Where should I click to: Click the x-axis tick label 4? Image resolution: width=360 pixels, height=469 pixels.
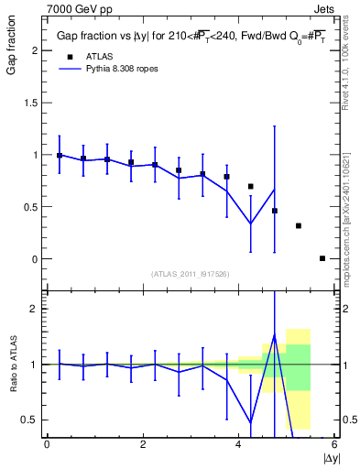[238, 444]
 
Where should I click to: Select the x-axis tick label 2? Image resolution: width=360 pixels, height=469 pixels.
[143, 444]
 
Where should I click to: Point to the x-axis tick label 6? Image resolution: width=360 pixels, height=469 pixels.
[334, 444]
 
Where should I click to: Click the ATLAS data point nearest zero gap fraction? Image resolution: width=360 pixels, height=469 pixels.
[322, 258]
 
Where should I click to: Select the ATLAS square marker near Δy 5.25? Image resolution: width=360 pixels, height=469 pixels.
[299, 225]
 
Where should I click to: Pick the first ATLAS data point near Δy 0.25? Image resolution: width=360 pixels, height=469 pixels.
[60, 156]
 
